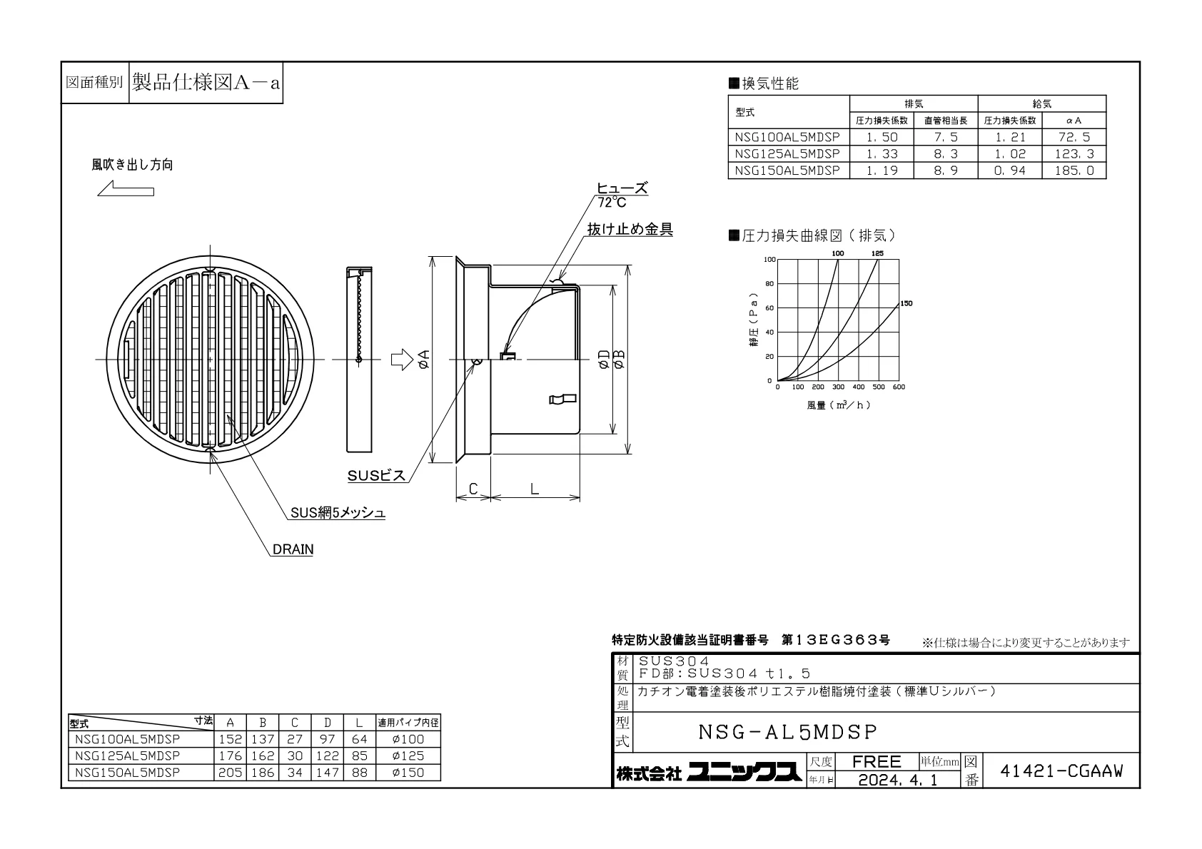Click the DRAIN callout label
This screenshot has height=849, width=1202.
pyautogui.click(x=293, y=549)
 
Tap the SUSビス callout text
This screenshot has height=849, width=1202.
pyautogui.click(x=376, y=475)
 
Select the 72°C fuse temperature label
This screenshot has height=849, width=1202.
pyautogui.click(x=612, y=203)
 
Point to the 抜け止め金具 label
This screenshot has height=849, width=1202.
pyautogui.click(x=630, y=230)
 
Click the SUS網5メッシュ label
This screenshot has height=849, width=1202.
pyautogui.click(x=338, y=513)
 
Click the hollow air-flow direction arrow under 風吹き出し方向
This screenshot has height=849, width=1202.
pyautogui.click(x=126, y=189)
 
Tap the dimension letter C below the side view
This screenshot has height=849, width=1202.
pyautogui.click(x=473, y=489)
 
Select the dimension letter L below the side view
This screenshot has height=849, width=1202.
pyautogui.click(x=535, y=489)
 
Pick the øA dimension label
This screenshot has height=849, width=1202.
pyautogui.click(x=423, y=359)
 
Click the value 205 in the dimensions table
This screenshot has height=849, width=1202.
pyautogui.click(x=231, y=773)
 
